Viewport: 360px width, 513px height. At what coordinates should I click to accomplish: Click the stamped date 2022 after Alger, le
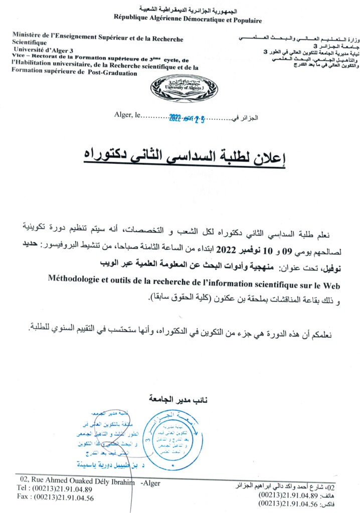coord(175,119)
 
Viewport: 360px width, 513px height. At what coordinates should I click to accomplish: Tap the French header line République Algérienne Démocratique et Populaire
coord(188,21)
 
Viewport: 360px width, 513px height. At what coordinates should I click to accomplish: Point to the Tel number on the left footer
coord(63,488)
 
